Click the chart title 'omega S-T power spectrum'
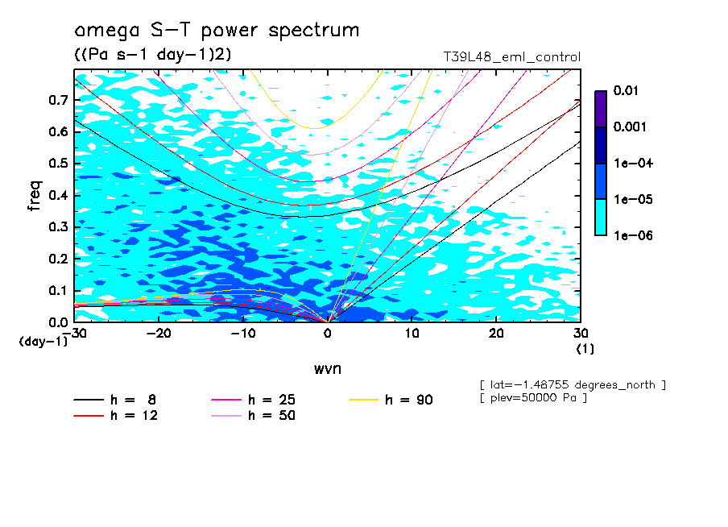pyautogui.click(x=216, y=31)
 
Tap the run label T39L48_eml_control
pyautogui.click(x=511, y=57)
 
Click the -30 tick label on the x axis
pyautogui.click(x=73, y=334)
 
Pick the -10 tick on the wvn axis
pyautogui.click(x=243, y=334)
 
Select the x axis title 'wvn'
pyautogui.click(x=327, y=368)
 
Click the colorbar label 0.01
pyautogui.click(x=627, y=91)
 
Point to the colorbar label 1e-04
pyautogui.click(x=629, y=163)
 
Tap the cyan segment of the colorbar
pyautogui.click(x=601, y=217)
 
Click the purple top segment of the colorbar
pyautogui.click(x=601, y=108)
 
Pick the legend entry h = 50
pyautogui.click(x=254, y=416)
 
